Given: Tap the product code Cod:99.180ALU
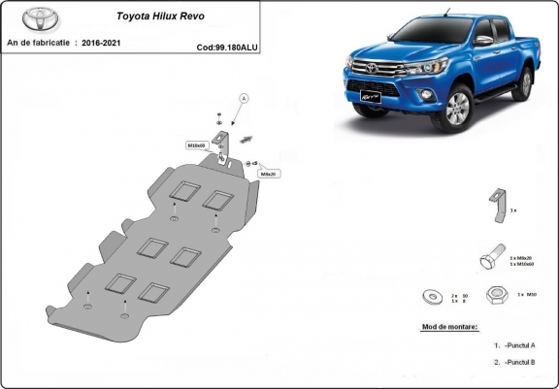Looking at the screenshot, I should [227, 47].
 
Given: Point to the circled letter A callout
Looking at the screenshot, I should [244, 98].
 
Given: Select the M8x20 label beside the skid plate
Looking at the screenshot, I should [269, 174].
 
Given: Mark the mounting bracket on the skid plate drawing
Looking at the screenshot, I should [226, 146].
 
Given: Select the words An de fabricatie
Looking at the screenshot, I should [39, 44].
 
